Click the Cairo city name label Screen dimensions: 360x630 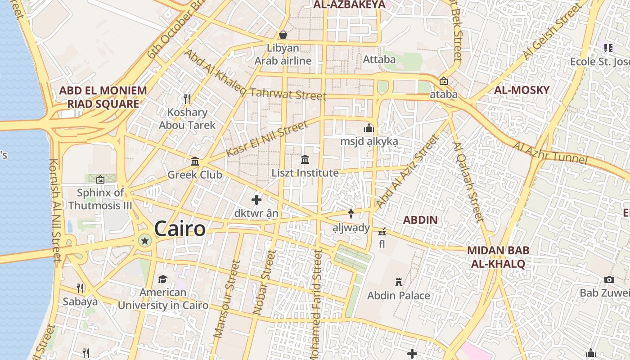tap(180, 229)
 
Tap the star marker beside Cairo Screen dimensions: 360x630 tap(145, 241)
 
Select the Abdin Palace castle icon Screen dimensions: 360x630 tap(398, 282)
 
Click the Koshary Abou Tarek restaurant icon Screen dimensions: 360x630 tap(187, 99)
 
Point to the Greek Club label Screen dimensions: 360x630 tap(194, 174)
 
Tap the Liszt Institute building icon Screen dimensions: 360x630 tap(305, 160)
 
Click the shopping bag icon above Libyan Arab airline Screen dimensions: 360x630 tap(283, 35)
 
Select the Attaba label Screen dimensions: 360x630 tap(379, 59)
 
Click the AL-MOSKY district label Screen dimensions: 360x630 tap(522, 90)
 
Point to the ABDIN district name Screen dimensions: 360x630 tap(420, 220)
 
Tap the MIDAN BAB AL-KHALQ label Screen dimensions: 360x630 tap(498, 257)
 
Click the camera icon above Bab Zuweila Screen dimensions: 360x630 tap(609, 280)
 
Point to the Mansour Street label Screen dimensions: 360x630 tap(225, 298)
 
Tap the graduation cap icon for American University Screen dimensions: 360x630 tap(162, 279)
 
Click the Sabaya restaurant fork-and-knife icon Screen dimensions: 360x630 tap(80, 288)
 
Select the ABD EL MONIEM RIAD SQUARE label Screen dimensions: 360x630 tap(103, 97)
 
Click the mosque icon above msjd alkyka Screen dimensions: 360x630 tap(369, 128)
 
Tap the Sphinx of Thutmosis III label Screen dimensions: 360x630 tap(100, 199)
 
